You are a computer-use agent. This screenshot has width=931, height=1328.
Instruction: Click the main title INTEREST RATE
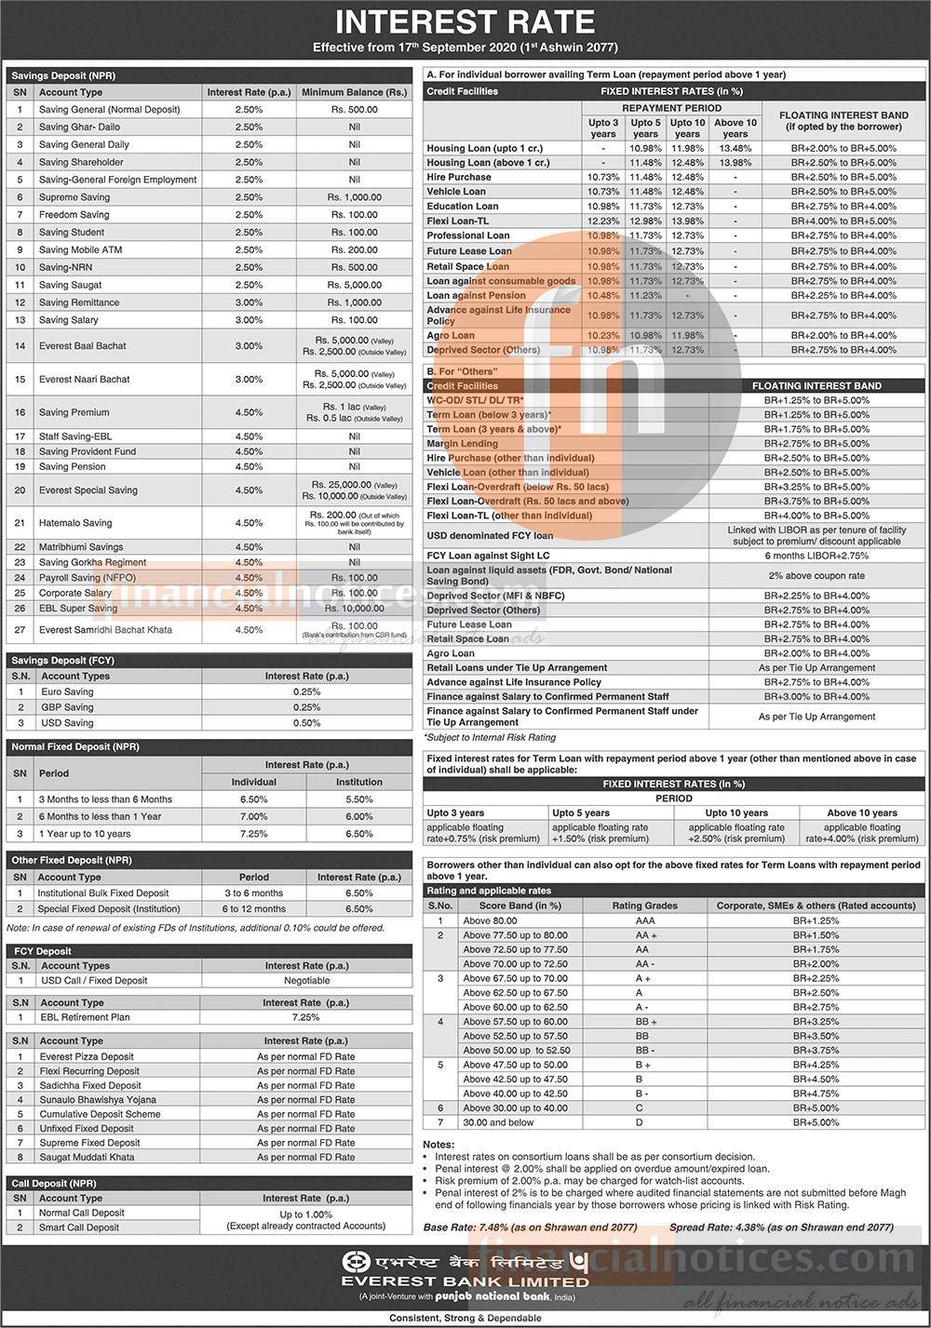tap(465, 22)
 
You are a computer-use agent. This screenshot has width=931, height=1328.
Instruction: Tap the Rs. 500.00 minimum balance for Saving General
tap(354, 110)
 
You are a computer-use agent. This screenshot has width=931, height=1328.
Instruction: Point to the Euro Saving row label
tap(67, 692)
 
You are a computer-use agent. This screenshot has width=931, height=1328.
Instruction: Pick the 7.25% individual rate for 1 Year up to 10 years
tap(254, 834)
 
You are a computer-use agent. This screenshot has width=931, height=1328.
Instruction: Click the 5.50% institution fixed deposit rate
tap(358, 799)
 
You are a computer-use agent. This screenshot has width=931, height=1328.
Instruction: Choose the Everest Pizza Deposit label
tap(87, 1056)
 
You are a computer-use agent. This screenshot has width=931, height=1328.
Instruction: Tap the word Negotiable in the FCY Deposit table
tap(306, 981)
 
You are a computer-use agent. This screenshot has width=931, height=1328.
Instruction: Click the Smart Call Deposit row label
tap(81, 1227)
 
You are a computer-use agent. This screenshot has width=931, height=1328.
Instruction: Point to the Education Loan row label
tap(463, 207)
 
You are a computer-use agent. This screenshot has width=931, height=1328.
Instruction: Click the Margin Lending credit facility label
tap(462, 444)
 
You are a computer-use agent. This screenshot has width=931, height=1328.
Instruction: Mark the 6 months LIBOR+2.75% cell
tap(816, 556)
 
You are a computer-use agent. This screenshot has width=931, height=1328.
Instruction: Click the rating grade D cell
tap(640, 1122)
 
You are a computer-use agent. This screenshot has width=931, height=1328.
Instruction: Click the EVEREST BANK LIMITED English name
tap(465, 1281)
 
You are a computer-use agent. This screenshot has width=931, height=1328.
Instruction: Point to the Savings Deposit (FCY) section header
tap(63, 660)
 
